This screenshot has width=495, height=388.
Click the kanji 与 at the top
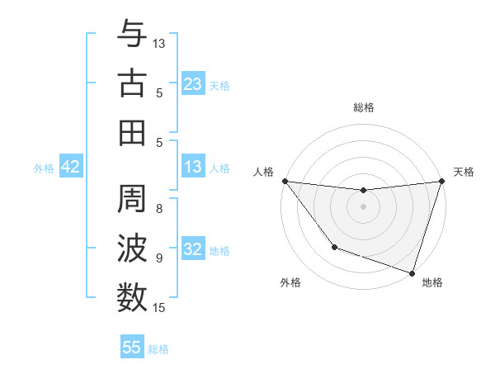[132, 34]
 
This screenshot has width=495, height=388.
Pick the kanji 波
[132, 248]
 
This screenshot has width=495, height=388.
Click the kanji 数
[132, 297]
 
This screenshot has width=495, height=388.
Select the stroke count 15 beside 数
[160, 308]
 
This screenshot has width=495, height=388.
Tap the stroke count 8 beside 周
[159, 209]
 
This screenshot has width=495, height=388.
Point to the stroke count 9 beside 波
[159, 258]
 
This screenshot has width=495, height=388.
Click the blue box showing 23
[193, 83]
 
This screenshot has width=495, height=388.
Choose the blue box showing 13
[193, 168]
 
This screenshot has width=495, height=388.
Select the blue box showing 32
[193, 250]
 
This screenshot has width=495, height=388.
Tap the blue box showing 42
[71, 168]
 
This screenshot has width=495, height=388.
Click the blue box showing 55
[132, 348]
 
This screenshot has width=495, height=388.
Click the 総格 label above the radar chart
[364, 107]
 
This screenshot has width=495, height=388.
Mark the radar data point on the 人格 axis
[285, 181]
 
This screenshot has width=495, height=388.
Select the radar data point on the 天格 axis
[441, 182]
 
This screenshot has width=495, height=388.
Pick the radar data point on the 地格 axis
[412, 272]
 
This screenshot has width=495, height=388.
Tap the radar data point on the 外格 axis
[334, 247]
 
